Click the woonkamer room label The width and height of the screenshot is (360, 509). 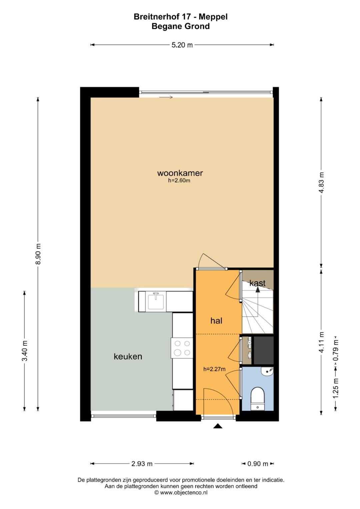click(180, 173)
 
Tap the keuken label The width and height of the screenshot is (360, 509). click(128, 357)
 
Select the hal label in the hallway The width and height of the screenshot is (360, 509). click(216, 321)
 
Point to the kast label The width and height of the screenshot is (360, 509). click(257, 283)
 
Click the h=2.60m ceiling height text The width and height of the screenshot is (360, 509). click(179, 181)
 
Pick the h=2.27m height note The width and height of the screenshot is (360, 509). click(214, 369)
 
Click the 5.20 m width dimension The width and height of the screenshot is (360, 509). click(182, 45)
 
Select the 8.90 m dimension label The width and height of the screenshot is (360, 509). click(38, 254)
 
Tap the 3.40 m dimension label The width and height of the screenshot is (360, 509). click(25, 351)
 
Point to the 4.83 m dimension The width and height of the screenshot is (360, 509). click(321, 182)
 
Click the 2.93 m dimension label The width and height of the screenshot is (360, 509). click(142, 464)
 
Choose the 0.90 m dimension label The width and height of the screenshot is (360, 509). click(258, 464)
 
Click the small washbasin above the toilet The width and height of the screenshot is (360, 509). click(267, 372)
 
